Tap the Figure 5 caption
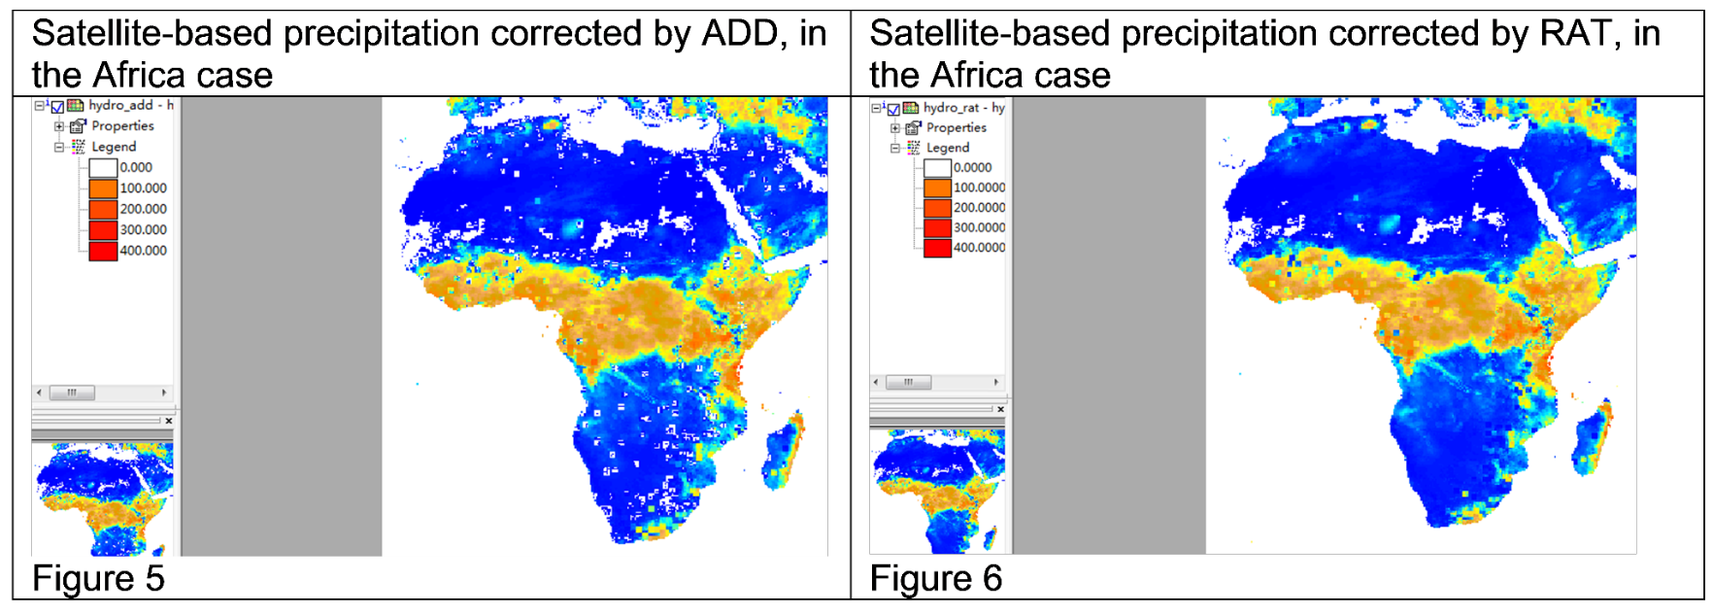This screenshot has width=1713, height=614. pos(98,578)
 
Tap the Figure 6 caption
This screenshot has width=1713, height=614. pos(935,578)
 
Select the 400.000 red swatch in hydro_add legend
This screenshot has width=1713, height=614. pos(103,251)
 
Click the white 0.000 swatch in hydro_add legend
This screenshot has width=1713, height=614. pos(103,168)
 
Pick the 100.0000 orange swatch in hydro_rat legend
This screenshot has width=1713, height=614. pos(937,188)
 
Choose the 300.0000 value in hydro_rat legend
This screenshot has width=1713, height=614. pos(979,227)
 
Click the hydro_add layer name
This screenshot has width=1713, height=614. pos(120,105)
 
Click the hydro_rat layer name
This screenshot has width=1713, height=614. pos(951,108)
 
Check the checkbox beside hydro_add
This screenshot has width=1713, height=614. pos(57,107)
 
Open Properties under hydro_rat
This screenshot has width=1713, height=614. pos(956,127)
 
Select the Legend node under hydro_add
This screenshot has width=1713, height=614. pos(113,147)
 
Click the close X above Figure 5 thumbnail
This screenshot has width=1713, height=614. pos(168,421)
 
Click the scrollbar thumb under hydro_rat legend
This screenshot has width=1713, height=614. pos(908,382)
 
